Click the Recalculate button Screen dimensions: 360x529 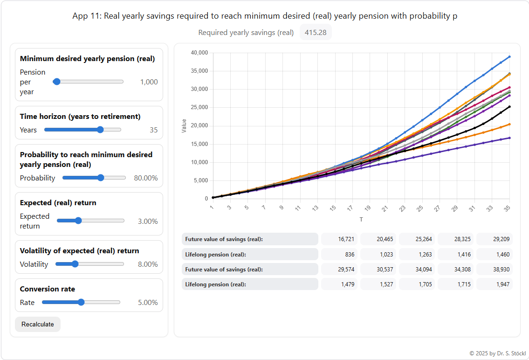click(x=38, y=324)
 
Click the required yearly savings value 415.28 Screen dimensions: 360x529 click(x=316, y=33)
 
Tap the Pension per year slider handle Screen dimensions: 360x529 click(x=57, y=82)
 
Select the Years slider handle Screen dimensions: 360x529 click(x=100, y=130)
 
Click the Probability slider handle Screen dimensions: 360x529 click(x=101, y=178)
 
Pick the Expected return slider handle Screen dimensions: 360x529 click(x=78, y=221)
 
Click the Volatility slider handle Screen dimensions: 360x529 click(x=75, y=264)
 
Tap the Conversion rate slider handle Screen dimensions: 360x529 click(x=81, y=302)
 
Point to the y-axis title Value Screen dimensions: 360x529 click(x=184, y=126)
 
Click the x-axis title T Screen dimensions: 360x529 click(x=361, y=219)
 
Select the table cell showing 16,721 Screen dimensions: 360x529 click(x=340, y=239)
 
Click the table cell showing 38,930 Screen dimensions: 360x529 click(x=495, y=269)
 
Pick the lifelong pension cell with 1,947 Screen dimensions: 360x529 click(x=495, y=284)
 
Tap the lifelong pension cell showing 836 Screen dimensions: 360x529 click(x=340, y=254)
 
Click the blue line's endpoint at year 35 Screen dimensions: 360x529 click(x=509, y=56)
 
